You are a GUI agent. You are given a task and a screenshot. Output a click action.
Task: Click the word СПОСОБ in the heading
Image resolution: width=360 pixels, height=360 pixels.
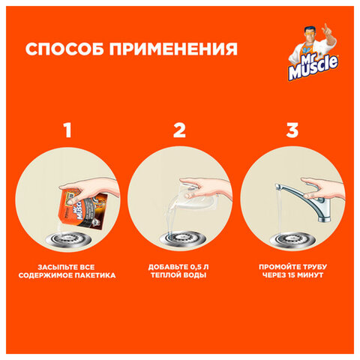(64, 49)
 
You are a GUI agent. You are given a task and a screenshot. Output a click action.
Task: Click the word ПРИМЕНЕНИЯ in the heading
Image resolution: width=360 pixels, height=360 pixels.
(173, 49)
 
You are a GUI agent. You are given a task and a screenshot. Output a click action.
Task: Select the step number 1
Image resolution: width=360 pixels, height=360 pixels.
(67, 130)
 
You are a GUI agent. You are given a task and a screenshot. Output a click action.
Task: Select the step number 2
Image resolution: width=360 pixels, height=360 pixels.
(179, 130)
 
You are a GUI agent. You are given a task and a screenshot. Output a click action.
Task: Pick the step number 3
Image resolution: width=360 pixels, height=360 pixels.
(292, 130)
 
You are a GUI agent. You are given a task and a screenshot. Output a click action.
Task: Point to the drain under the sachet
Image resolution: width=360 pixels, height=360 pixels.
(68, 239)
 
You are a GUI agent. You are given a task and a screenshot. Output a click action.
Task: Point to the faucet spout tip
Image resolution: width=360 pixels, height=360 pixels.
(277, 187)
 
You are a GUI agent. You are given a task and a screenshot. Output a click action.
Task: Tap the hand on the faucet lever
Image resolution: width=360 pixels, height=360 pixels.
(322, 187)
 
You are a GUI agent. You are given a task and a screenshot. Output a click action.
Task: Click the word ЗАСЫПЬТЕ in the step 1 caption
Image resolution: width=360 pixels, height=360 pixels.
(53, 267)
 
